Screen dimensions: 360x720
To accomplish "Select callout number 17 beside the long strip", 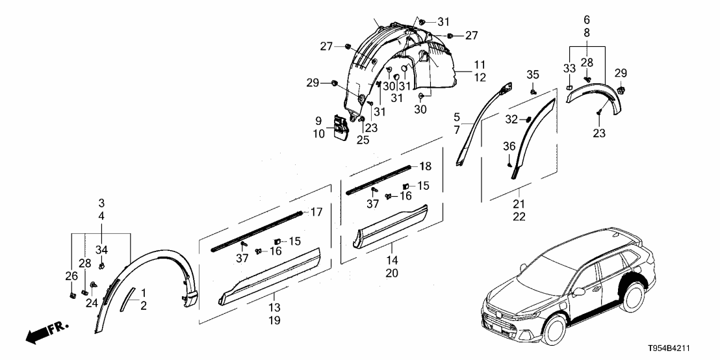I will pyautogui.click(x=316, y=211).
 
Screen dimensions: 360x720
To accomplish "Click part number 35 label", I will pyautogui.click(x=533, y=75).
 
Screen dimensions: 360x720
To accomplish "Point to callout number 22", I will pyautogui.click(x=519, y=216).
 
